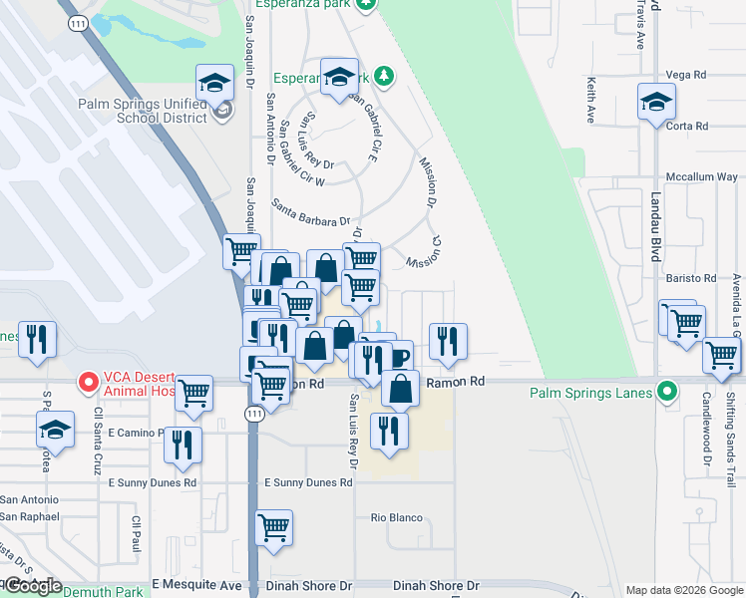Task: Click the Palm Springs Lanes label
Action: [x=590, y=393]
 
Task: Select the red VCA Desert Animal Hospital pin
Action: [x=88, y=381]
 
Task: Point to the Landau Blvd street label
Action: [x=656, y=227]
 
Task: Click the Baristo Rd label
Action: [x=696, y=278]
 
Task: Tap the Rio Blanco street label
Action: [x=397, y=518]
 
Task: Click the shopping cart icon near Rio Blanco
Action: [x=273, y=526]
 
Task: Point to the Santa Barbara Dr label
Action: [x=311, y=212]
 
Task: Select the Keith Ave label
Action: [x=591, y=101]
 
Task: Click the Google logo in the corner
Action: [x=32, y=587]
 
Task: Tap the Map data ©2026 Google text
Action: [x=684, y=590]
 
